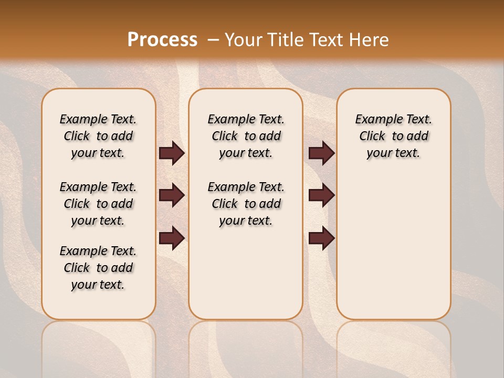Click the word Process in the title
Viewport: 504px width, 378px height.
pos(162,39)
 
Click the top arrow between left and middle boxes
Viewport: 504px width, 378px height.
pos(172,153)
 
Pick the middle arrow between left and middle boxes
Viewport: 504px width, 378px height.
pos(172,195)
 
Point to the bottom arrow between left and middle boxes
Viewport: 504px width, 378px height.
pos(172,238)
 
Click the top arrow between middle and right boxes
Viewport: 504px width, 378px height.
pos(321,153)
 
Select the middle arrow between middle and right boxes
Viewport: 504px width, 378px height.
pos(321,195)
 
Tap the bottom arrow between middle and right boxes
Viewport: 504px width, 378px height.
pos(321,238)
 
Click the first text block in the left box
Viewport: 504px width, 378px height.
pos(98,136)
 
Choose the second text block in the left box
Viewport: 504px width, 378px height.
pos(98,204)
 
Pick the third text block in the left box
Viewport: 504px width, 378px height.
pos(98,268)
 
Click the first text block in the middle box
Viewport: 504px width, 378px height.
pos(246,136)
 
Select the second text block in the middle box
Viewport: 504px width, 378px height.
pos(246,204)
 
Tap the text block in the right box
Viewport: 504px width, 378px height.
pos(394,136)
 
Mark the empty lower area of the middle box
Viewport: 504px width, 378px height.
pos(246,273)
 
